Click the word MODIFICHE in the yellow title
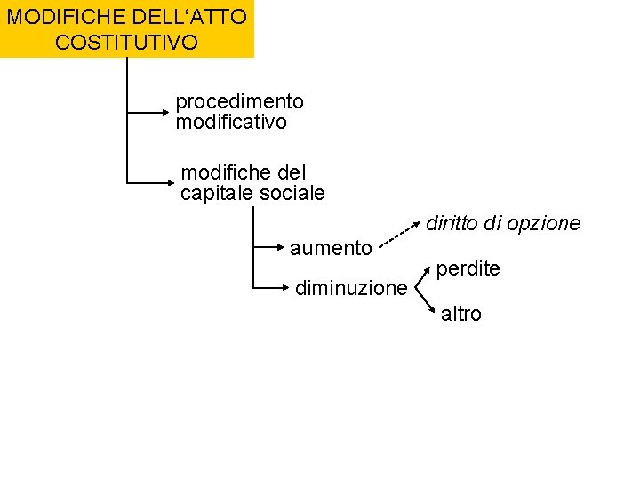[55, 16]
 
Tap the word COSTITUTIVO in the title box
[126, 42]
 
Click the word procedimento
[239, 102]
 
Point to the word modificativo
[231, 123]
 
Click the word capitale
[217, 193]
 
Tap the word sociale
[292, 193]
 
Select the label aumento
[331, 247]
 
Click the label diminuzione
[350, 288]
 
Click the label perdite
[468, 268]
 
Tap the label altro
[460, 314]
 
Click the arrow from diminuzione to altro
[426, 300]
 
